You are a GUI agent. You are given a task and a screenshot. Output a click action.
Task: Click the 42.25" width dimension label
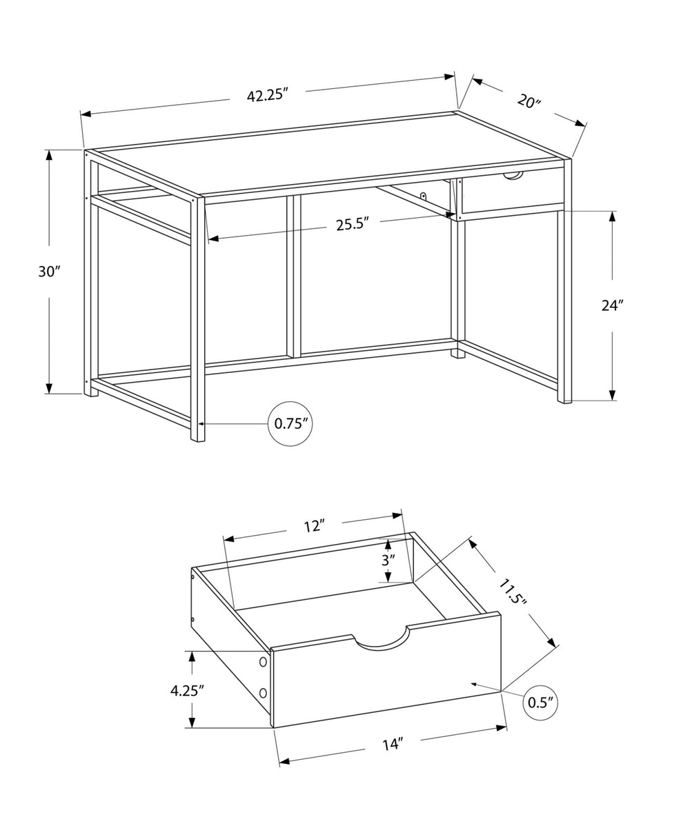click(x=267, y=96)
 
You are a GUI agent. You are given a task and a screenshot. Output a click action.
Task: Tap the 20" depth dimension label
click(x=529, y=101)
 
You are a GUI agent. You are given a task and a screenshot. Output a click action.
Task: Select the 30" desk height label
click(x=50, y=271)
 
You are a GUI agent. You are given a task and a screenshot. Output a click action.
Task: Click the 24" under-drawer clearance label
click(x=612, y=305)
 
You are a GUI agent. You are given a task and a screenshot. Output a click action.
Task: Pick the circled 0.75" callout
click(x=290, y=423)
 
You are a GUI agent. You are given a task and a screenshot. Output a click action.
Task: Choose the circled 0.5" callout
click(x=541, y=703)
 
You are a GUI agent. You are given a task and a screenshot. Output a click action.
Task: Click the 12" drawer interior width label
click(x=314, y=526)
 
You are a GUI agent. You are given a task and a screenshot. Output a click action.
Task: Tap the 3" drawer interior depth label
click(x=388, y=560)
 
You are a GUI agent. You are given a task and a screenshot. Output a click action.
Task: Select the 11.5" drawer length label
click(x=513, y=592)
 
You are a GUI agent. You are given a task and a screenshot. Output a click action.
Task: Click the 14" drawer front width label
click(x=392, y=745)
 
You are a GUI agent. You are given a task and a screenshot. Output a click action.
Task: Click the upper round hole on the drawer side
click(x=263, y=662)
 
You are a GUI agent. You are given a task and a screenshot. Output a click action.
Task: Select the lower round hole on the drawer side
click(x=263, y=693)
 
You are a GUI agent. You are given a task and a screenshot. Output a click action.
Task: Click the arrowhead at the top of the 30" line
click(x=50, y=154)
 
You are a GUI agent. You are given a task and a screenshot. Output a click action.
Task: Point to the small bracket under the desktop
click(x=424, y=196)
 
